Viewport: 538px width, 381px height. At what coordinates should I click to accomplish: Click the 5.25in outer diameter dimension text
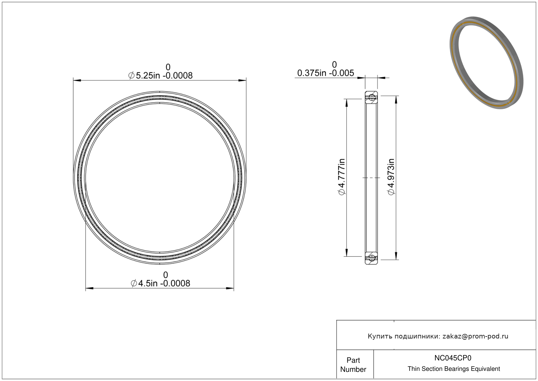[x=160, y=76]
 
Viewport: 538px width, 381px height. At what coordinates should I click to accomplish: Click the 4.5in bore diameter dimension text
[x=160, y=284]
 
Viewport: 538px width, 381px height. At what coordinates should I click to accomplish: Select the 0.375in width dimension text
[x=326, y=73]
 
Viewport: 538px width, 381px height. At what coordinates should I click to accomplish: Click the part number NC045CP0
[x=453, y=358]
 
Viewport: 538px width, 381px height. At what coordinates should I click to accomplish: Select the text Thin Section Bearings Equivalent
[x=454, y=369]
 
